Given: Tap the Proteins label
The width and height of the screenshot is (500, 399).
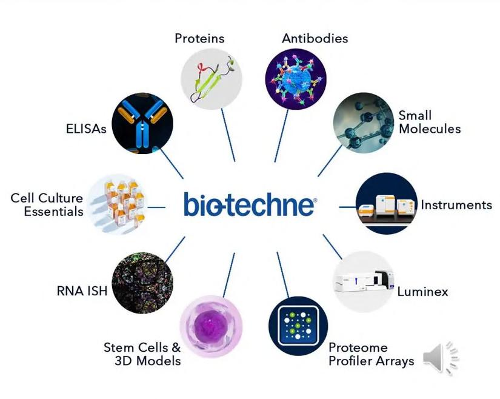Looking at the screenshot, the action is click(199, 38).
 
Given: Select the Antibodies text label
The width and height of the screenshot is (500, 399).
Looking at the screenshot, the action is click(315, 38).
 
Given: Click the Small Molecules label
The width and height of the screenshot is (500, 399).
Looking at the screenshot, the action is click(429, 122).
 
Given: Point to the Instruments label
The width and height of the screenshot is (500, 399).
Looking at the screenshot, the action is click(456, 204).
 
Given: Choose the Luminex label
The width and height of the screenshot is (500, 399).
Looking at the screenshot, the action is click(422, 292).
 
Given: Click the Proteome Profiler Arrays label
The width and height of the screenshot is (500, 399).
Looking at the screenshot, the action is click(371, 354).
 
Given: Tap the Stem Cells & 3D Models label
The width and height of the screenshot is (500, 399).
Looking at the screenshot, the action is click(142, 354).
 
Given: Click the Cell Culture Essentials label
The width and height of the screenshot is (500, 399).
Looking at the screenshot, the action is click(47, 205).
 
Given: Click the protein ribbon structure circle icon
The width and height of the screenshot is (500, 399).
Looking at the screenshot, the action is click(212, 78).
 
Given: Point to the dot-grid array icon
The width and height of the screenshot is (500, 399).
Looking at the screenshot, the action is click(298, 326).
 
